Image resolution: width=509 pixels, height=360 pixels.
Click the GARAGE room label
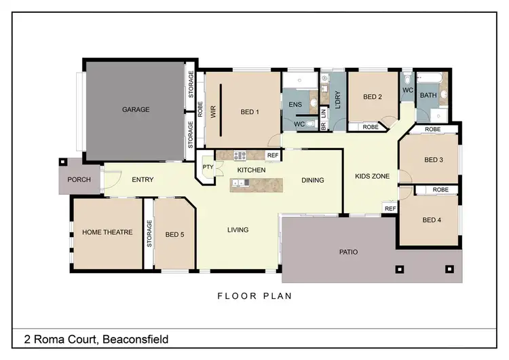[x=136, y=109]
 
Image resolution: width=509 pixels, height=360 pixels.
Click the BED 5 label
[x=174, y=235]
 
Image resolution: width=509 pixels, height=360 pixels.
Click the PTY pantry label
[x=207, y=167]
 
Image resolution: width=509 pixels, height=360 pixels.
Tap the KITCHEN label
[x=250, y=168]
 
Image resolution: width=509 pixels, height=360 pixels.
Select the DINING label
[x=313, y=180]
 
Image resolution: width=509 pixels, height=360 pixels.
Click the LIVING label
[x=238, y=230]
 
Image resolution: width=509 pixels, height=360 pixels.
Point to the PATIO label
[x=348, y=252]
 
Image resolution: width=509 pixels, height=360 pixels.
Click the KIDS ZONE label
[x=372, y=177]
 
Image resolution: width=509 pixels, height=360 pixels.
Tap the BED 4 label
[x=432, y=220]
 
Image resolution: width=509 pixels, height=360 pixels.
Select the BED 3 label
[x=433, y=160]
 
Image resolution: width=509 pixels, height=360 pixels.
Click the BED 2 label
[x=373, y=97]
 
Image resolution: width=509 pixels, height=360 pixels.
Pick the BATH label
[x=428, y=96]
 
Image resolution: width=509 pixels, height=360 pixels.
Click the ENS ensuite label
[x=295, y=105]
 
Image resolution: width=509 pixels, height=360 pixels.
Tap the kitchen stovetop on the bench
[x=240, y=156]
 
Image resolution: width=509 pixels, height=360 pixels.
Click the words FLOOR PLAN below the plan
[x=254, y=296]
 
